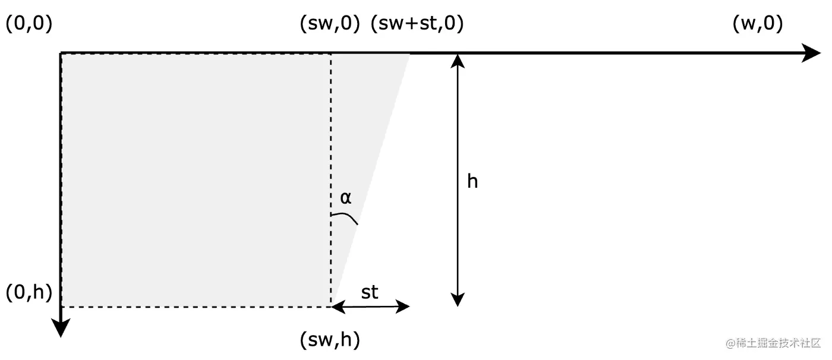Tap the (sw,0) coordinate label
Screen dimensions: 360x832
coord(330,24)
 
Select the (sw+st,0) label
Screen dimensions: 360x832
coord(417,24)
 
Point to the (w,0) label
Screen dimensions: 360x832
coord(758,24)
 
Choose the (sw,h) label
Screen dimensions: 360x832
coord(330,340)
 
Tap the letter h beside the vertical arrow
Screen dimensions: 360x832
coord(472,181)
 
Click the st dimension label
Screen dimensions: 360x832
coord(370,292)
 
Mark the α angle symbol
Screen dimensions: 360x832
coord(345,198)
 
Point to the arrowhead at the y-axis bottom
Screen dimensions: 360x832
coord(61,328)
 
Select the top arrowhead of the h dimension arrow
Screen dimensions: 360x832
coord(458,60)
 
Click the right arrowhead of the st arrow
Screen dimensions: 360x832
coord(404,307)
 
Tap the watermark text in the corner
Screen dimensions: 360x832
coord(773,344)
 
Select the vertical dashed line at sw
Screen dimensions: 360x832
coord(331,149)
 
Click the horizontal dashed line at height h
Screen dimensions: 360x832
coord(196,307)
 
